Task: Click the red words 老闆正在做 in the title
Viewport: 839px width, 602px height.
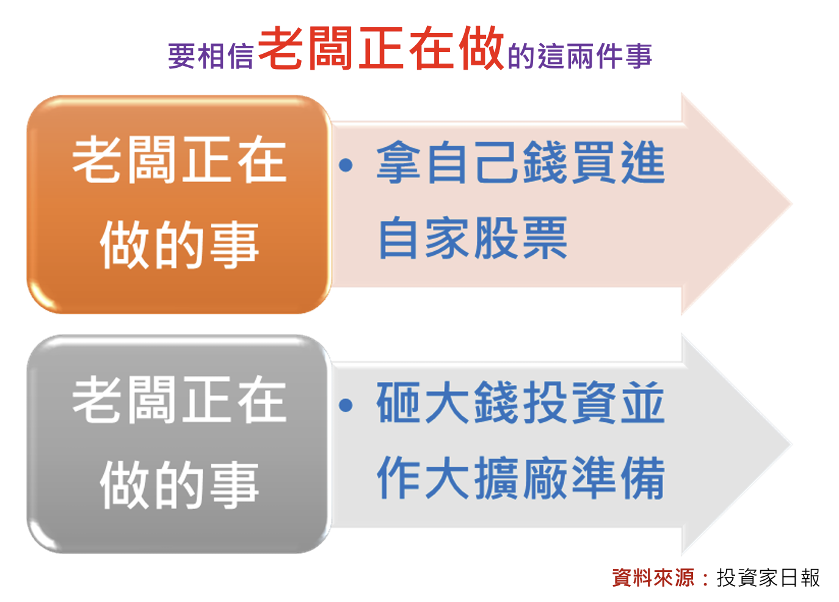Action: click(381, 48)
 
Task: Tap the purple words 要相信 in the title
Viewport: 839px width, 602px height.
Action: click(211, 56)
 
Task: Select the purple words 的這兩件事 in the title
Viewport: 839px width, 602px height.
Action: click(580, 56)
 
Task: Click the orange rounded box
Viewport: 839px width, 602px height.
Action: click(180, 204)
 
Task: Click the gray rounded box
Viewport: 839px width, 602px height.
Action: click(180, 444)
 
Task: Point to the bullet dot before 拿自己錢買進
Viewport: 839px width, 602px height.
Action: click(346, 165)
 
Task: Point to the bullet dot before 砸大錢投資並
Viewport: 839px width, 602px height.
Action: click(346, 405)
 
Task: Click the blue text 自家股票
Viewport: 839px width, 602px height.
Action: click(473, 238)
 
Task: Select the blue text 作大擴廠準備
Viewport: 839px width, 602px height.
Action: click(521, 478)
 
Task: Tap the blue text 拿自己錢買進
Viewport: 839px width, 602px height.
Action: click(521, 163)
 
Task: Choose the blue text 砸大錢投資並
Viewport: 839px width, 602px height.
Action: click(521, 402)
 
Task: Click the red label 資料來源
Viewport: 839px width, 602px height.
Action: click(653, 578)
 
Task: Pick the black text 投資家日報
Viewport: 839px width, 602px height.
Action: click(768, 578)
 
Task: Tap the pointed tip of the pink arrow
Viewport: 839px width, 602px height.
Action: click(792, 204)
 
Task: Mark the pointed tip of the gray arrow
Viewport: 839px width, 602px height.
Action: click(792, 444)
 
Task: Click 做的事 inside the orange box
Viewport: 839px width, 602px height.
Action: click(180, 244)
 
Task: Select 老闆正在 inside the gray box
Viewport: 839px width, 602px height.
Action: click(180, 400)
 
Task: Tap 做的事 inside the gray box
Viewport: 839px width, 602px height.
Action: click(180, 484)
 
